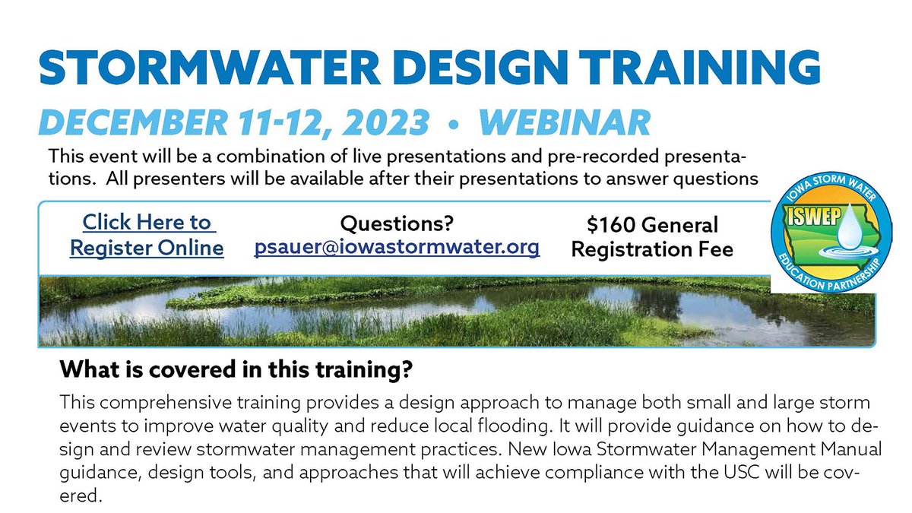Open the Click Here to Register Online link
point(147,235)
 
